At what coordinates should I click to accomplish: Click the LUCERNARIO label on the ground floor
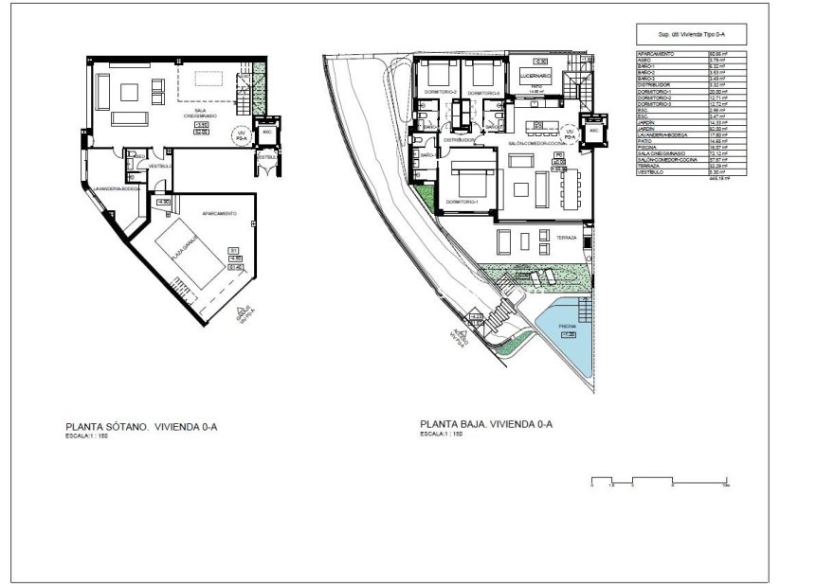pos(535,75)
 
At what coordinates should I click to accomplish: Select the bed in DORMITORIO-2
pos(439,73)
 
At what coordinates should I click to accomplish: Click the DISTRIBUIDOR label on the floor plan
pos(456,139)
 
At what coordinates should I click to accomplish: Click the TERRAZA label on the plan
pos(566,237)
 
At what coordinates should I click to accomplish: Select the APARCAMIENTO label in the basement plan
pos(219,214)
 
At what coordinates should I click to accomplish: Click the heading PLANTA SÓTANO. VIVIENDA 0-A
pos(141,427)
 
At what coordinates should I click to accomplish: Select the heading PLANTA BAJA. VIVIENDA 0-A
pos(486,425)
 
